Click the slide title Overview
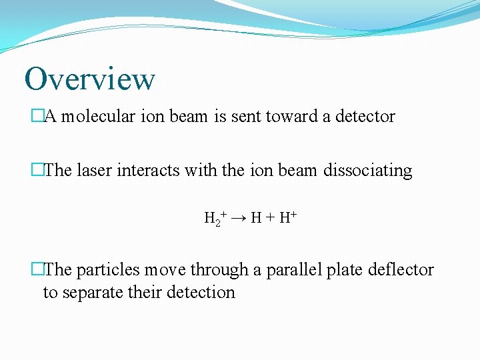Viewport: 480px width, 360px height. [89, 79]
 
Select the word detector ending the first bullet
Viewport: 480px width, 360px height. [365, 117]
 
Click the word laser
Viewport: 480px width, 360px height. [94, 171]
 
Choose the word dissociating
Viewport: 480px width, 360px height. [367, 171]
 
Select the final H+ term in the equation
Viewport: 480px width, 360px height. [287, 217]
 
